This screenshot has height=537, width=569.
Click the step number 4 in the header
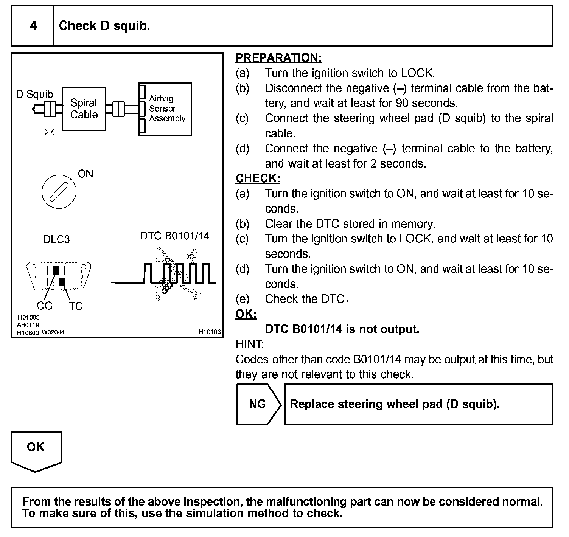[x=33, y=26]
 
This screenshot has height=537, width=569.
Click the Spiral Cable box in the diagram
[x=84, y=109]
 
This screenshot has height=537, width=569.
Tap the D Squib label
[x=34, y=94]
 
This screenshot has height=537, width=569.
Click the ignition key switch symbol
[x=59, y=192]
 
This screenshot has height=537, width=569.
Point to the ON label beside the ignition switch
[x=85, y=174]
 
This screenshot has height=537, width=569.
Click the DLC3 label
[x=56, y=239]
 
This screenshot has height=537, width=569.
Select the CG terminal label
[x=44, y=306]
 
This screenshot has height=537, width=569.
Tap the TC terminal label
[x=75, y=306]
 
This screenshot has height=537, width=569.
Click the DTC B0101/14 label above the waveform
[x=174, y=236]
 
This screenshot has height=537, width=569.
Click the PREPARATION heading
[x=279, y=58]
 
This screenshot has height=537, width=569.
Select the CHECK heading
[x=258, y=178]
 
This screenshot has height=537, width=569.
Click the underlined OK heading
[x=246, y=314]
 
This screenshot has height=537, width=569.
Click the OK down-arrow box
[x=36, y=450]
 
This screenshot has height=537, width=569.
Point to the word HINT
[x=250, y=344]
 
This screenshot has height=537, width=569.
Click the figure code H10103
[x=210, y=332]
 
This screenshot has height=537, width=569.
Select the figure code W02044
[x=53, y=332]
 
